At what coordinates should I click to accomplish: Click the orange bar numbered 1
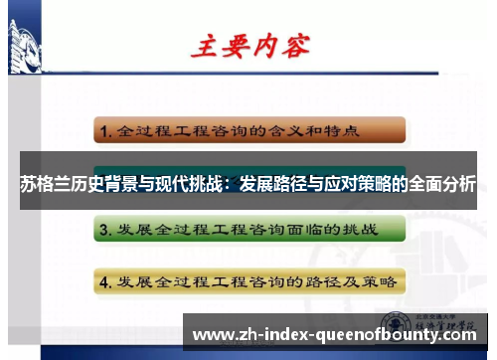click(x=249, y=129)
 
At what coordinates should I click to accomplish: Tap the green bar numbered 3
click(x=249, y=230)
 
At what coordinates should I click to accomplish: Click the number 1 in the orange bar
click(x=103, y=129)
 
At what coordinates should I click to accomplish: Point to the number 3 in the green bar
click(x=103, y=231)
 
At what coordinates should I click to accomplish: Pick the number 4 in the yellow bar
click(x=103, y=281)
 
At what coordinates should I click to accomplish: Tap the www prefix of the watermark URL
click(x=212, y=334)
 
